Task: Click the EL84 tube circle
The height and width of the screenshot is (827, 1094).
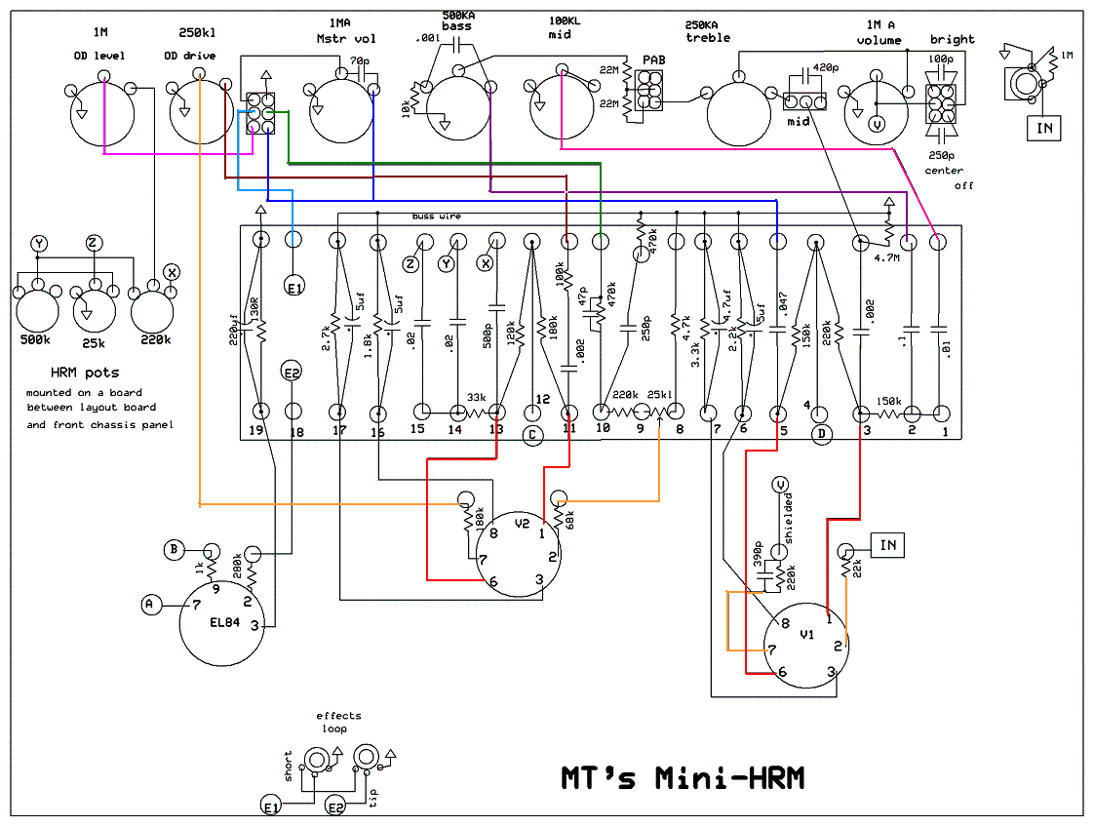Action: pos(222,624)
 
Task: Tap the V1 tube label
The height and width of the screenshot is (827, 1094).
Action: pos(805,634)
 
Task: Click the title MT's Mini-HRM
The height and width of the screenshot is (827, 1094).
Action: pos(683,777)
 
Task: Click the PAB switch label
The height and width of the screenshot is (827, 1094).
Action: pos(653,60)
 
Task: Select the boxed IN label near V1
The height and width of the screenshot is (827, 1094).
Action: pos(887,545)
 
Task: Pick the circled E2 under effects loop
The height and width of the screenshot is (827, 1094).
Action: pos(335,807)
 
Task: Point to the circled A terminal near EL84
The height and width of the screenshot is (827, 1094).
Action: pos(149,606)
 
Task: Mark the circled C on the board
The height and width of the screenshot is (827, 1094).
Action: pos(531,436)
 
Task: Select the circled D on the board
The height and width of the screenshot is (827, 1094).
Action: pos(821,435)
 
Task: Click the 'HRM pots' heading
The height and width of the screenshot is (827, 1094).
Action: pos(85,373)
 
